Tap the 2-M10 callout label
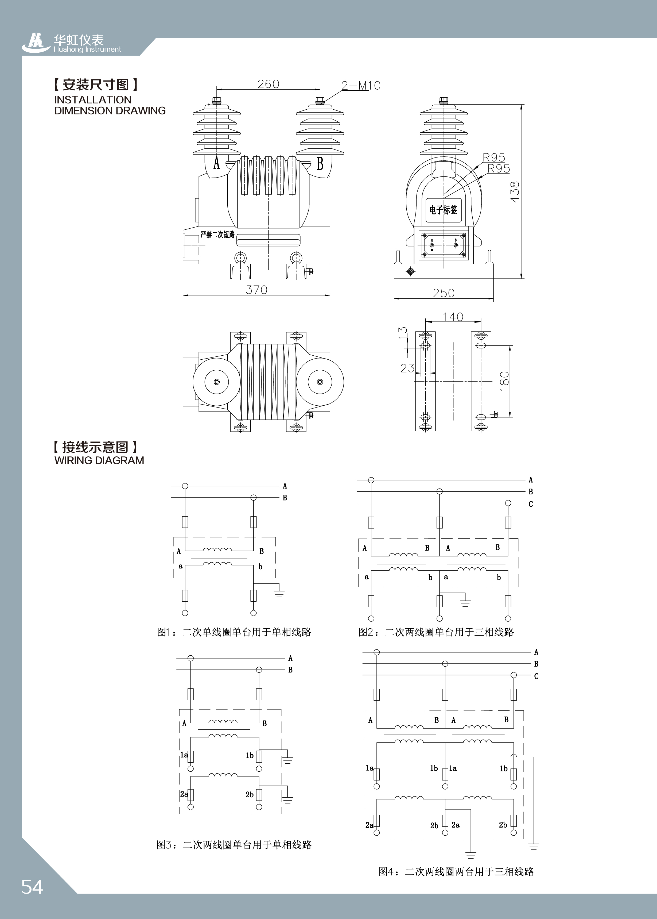[x=361, y=85]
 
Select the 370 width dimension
[x=256, y=290]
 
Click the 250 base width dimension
[x=444, y=293]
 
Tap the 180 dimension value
[x=504, y=381]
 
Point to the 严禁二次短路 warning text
[x=218, y=234]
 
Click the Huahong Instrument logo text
[x=87, y=49]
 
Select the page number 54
[x=32, y=887]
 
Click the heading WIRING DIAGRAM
[x=99, y=460]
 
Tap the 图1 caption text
[x=234, y=632]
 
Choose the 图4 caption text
[x=456, y=872]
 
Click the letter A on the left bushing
[x=216, y=164]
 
